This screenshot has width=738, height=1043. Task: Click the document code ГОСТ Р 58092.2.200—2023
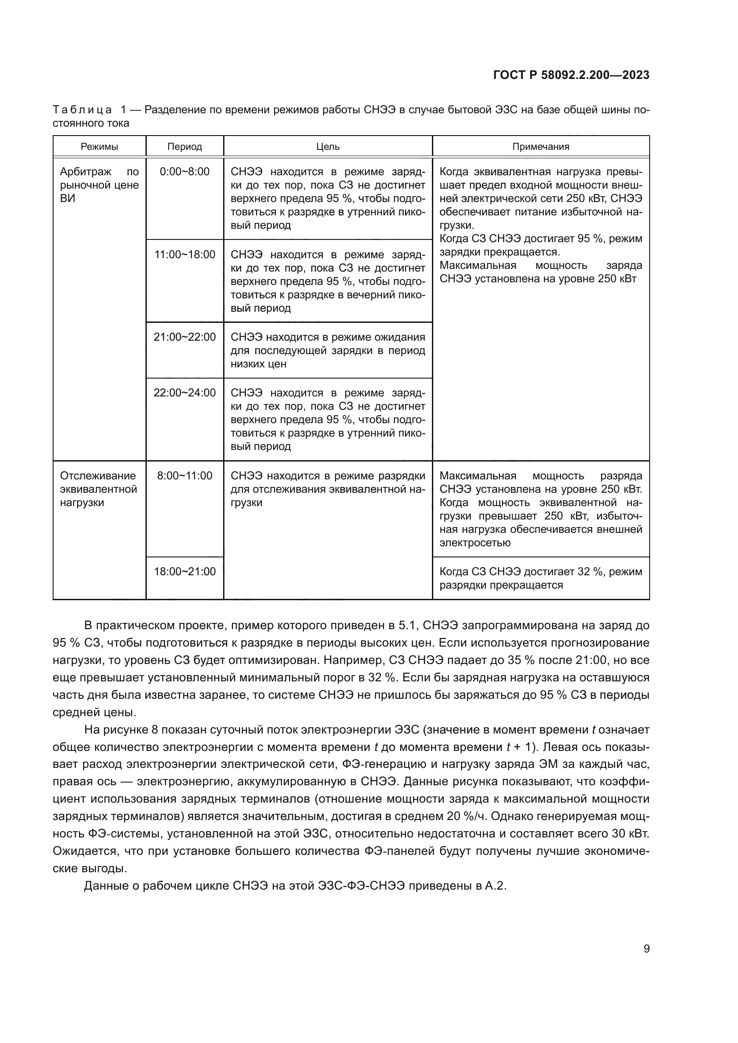[571, 75]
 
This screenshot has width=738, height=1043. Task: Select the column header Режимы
[99, 147]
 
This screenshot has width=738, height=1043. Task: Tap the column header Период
[185, 147]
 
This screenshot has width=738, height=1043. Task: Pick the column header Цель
[328, 147]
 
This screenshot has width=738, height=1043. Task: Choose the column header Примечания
[540, 147]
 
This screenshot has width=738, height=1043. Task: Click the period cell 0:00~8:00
[185, 172]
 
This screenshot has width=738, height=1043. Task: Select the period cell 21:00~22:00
[185, 337]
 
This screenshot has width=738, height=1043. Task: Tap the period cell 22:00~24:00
[185, 392]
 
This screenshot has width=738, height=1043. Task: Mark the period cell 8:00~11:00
[185, 476]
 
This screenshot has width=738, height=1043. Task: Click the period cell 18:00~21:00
[185, 572]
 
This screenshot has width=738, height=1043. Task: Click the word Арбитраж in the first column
[85, 172]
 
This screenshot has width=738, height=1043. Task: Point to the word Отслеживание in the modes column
[98, 476]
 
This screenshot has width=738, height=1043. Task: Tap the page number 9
[646, 948]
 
